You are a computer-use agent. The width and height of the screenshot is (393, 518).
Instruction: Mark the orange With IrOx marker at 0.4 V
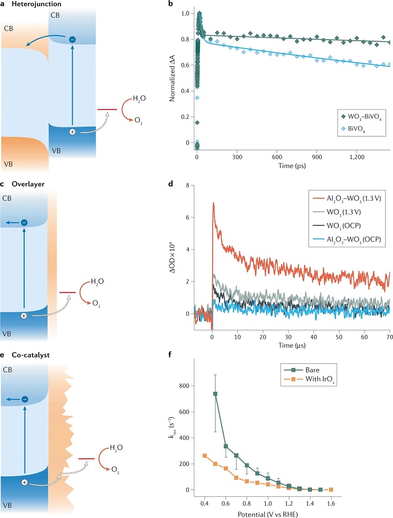(x=205, y=456)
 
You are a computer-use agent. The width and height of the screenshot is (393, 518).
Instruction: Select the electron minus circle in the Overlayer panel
(x=24, y=223)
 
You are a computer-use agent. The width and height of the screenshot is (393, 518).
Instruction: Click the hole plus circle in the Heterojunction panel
(x=72, y=133)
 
